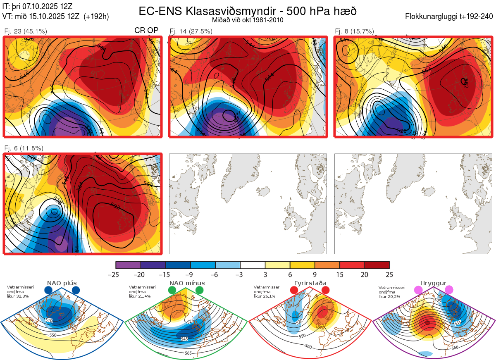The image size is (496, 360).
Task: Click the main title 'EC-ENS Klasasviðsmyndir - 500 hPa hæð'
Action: tap(248, 11)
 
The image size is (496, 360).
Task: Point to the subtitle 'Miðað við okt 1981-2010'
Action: tap(248, 20)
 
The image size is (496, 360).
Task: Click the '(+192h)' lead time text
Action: tap(96, 17)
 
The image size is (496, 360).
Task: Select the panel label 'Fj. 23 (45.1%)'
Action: tap(26, 31)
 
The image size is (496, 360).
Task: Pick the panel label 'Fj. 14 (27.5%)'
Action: tap(191, 31)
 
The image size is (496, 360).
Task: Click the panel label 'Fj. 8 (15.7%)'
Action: tap(354, 31)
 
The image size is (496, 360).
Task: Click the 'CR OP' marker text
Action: tap(147, 31)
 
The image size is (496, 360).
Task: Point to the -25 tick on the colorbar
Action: tap(116, 274)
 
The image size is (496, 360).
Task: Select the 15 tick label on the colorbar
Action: tap(339, 274)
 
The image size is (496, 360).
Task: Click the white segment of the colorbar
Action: tap(253, 265)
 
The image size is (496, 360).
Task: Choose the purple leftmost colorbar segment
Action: tap(128, 265)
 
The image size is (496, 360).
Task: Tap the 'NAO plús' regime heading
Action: tap(62, 283)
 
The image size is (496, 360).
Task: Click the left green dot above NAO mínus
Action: tap(172, 291)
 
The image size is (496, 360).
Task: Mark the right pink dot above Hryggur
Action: tap(449, 291)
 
